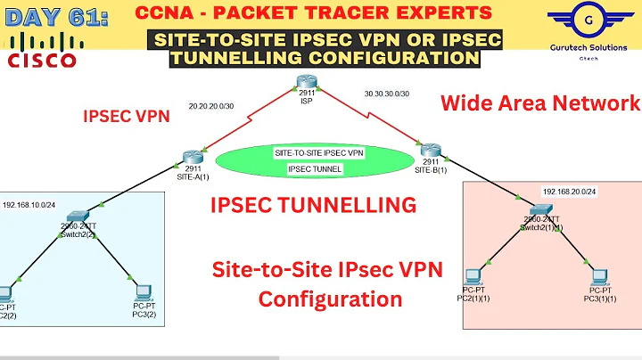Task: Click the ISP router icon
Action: tap(306, 84)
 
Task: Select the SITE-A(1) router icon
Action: tap(190, 157)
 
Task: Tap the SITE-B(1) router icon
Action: tap(427, 150)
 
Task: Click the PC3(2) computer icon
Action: tap(141, 290)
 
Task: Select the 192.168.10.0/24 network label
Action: tap(31, 203)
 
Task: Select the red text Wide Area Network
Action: tap(540, 102)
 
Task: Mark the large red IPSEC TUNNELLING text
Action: tap(313, 205)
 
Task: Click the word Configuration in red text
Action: tap(330, 299)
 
